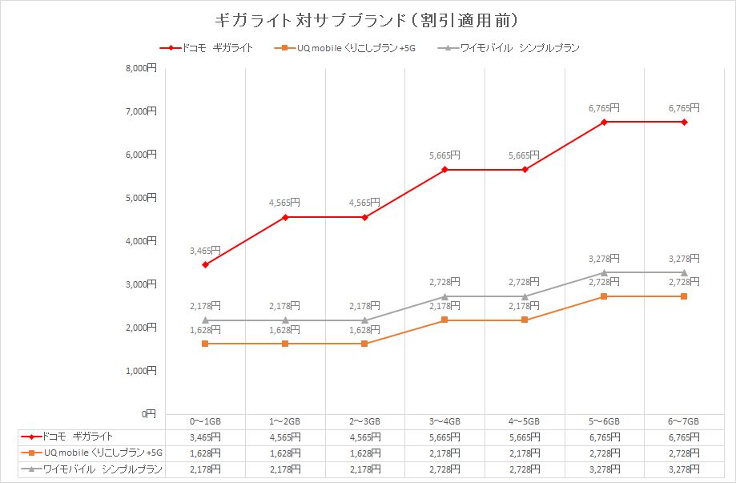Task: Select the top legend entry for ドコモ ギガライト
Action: (x=207, y=48)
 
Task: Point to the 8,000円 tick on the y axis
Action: (x=141, y=68)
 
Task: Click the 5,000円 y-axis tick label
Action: (x=141, y=198)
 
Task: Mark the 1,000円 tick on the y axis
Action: (x=141, y=371)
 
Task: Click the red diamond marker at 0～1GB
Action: (x=206, y=264)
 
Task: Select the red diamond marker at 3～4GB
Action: (x=444, y=170)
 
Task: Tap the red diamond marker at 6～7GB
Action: (x=684, y=122)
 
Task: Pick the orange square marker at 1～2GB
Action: (x=285, y=344)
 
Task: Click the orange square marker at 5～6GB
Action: (x=604, y=296)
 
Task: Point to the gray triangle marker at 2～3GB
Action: (x=365, y=320)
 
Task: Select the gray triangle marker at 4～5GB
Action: (x=525, y=296)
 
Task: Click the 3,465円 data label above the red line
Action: (x=205, y=251)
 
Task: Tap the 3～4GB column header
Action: (x=444, y=421)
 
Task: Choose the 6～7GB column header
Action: (x=684, y=421)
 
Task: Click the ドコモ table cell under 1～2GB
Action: (x=285, y=437)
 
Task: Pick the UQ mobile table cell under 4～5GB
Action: (x=525, y=453)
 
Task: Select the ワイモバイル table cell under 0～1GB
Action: (x=205, y=469)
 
